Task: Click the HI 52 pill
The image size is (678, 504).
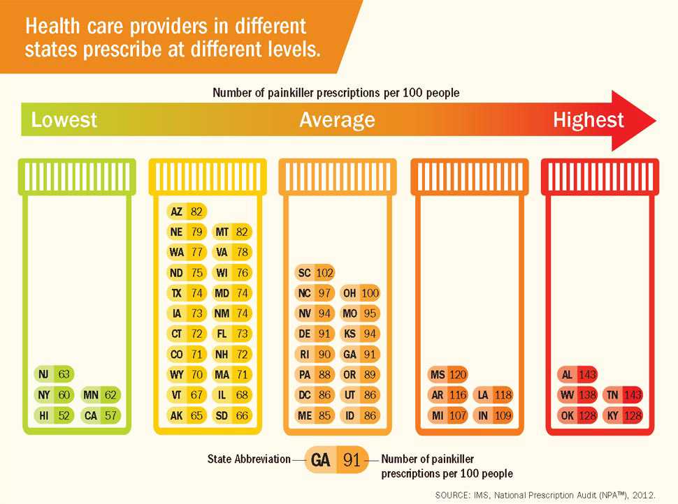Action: [x=55, y=415]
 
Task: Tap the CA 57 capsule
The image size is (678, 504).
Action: [x=101, y=415]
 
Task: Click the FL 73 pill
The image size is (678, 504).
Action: [x=233, y=334]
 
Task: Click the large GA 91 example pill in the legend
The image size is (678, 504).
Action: [x=336, y=460]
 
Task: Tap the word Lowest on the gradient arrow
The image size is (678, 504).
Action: [x=64, y=120]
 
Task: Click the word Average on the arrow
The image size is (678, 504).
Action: [x=337, y=120]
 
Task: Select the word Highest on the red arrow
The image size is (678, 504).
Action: [x=588, y=120]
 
